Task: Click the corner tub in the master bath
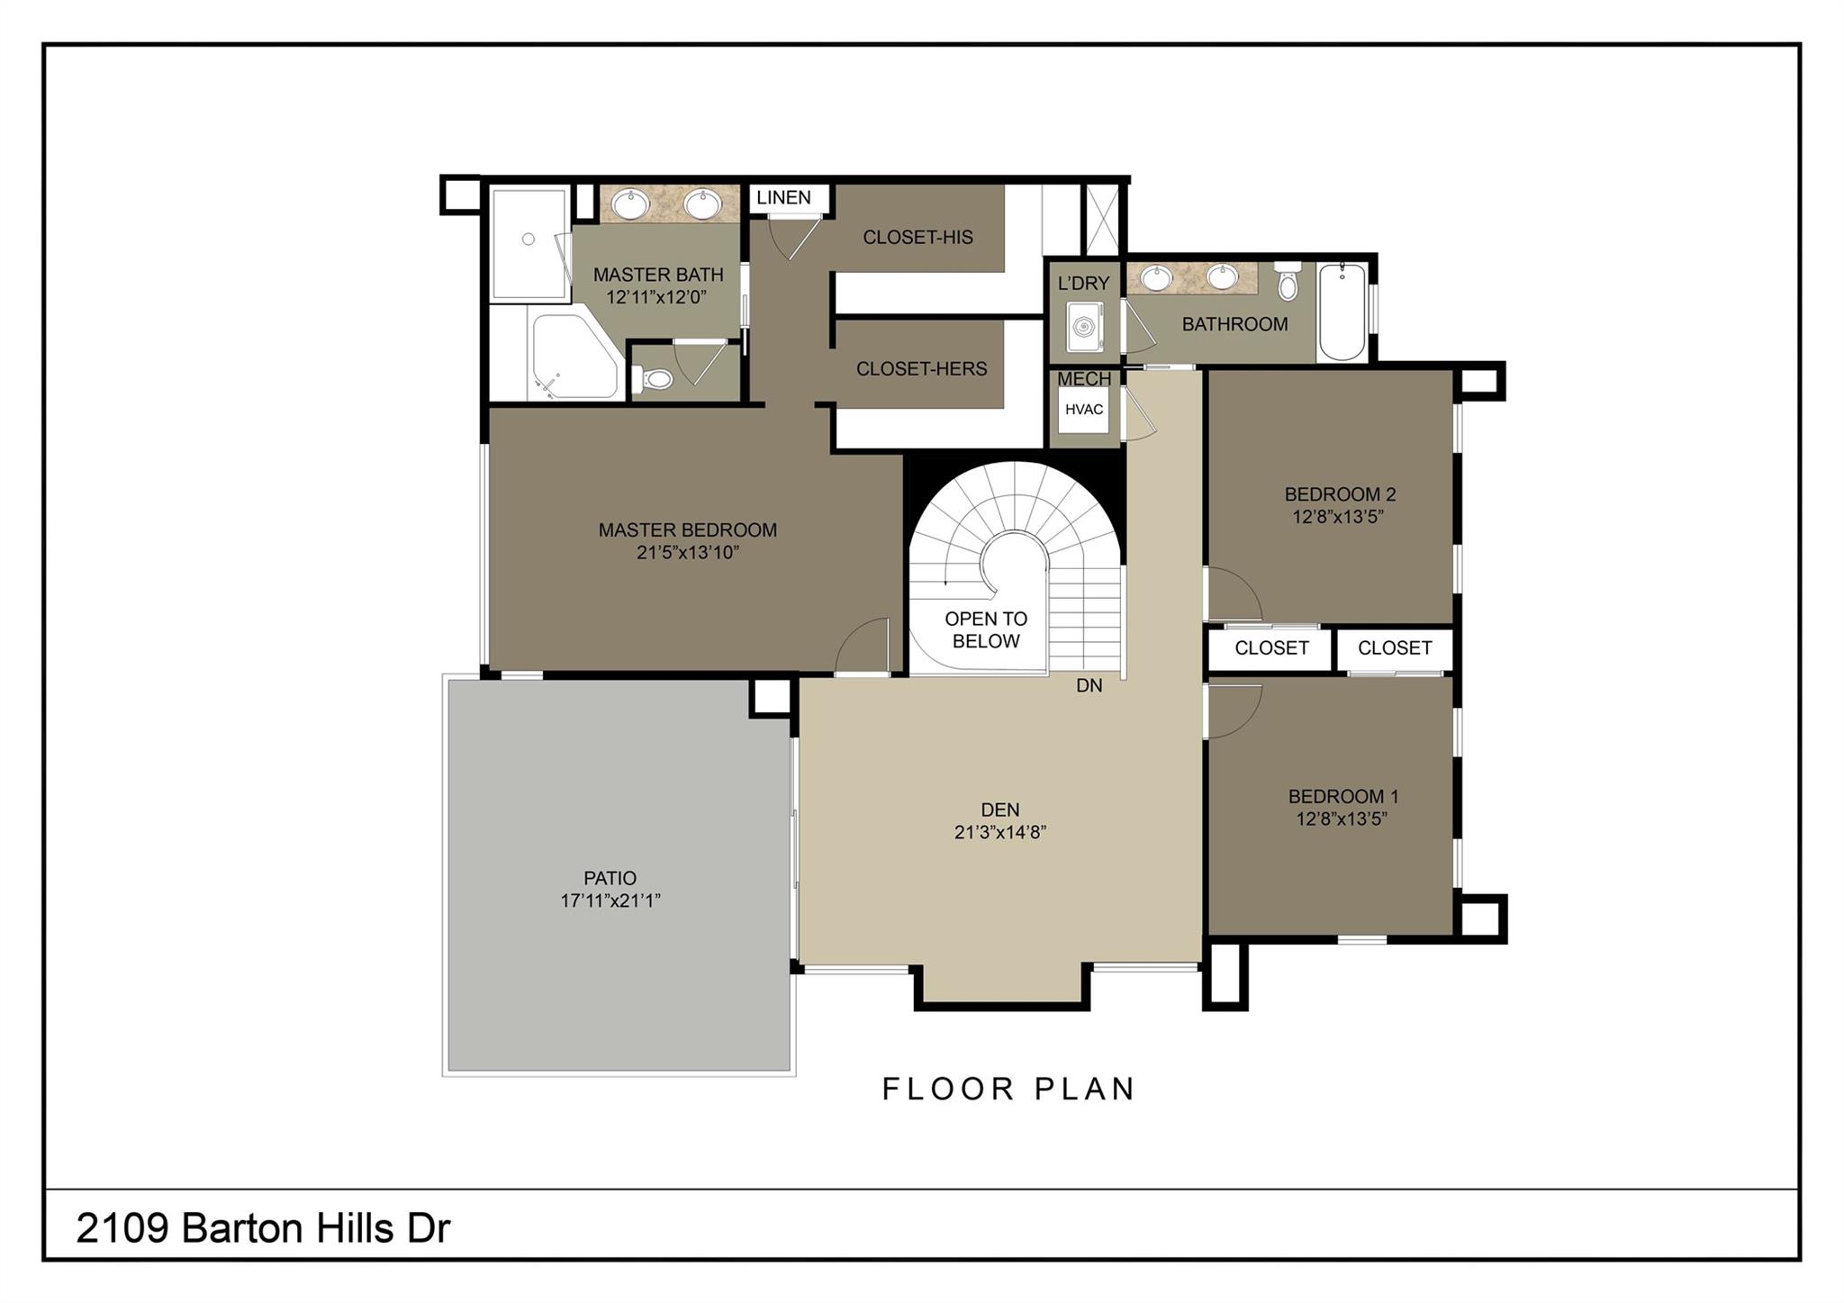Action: point(574,356)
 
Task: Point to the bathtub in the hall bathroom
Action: point(1342,312)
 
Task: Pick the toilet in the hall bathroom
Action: point(1288,280)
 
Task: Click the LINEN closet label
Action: point(783,197)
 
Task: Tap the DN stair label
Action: point(1089,685)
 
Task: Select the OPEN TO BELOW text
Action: point(986,630)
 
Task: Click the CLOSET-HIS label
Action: point(917,237)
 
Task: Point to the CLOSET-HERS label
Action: point(921,368)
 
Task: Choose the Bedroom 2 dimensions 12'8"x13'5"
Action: point(1338,517)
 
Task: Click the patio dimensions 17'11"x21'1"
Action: point(610,900)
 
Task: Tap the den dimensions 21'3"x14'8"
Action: point(1000,832)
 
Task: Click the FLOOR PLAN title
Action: point(1008,1089)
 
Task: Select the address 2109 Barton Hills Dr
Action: point(263,1227)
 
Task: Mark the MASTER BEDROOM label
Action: point(688,529)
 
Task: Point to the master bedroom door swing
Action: point(862,645)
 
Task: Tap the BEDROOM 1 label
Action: point(1343,796)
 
